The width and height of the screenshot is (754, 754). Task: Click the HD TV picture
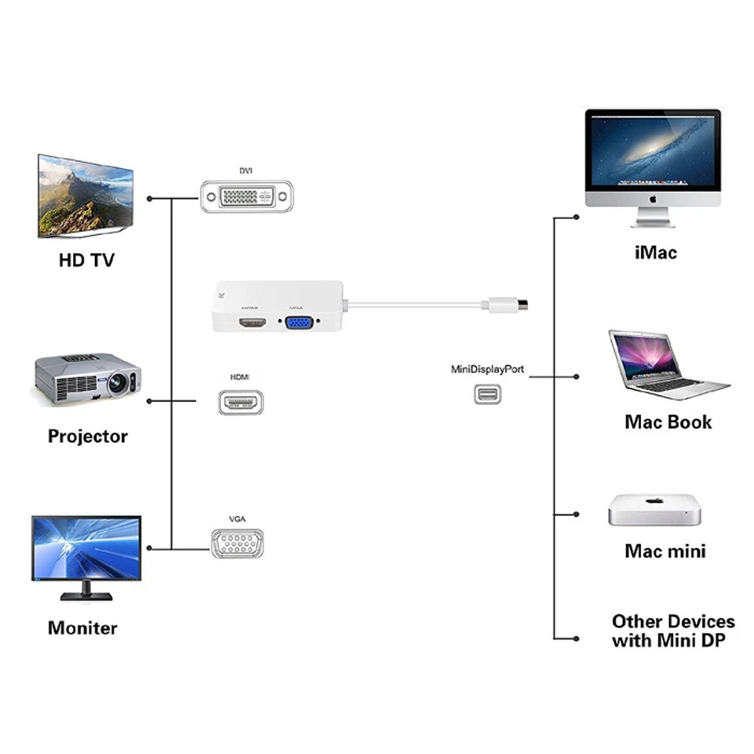coord(85,196)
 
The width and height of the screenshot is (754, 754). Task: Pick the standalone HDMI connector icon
coord(241,402)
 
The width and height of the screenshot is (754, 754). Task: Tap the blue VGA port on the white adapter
coord(298,322)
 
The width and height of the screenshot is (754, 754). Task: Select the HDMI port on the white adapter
coord(251,322)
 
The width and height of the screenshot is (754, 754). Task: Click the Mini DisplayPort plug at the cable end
coord(509,305)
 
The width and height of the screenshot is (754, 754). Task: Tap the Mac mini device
coord(653,511)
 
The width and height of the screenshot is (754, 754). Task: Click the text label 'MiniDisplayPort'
coord(487,369)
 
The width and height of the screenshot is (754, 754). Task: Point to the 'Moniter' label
coord(82,628)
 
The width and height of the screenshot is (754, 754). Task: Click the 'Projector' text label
coord(87,436)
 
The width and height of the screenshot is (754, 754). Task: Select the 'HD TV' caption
coord(86,260)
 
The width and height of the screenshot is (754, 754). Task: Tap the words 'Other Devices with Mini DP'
coord(673,631)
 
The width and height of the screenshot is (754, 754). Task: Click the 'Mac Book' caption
coord(668,422)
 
